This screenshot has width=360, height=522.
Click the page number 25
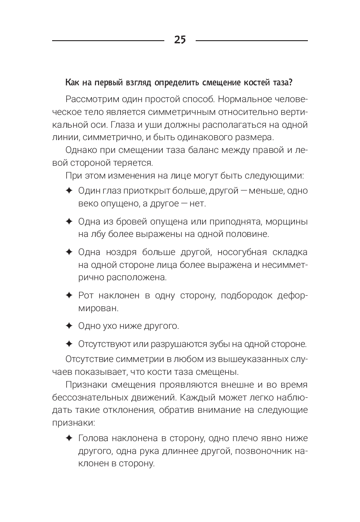(x=180, y=40)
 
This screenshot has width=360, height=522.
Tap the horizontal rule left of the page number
(x=108, y=41)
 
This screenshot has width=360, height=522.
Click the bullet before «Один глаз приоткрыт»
(x=68, y=191)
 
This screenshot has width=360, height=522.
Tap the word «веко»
(x=88, y=204)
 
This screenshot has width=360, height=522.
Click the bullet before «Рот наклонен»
(x=68, y=295)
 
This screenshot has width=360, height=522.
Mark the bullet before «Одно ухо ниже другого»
(x=68, y=326)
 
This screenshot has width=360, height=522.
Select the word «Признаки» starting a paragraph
(x=86, y=385)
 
